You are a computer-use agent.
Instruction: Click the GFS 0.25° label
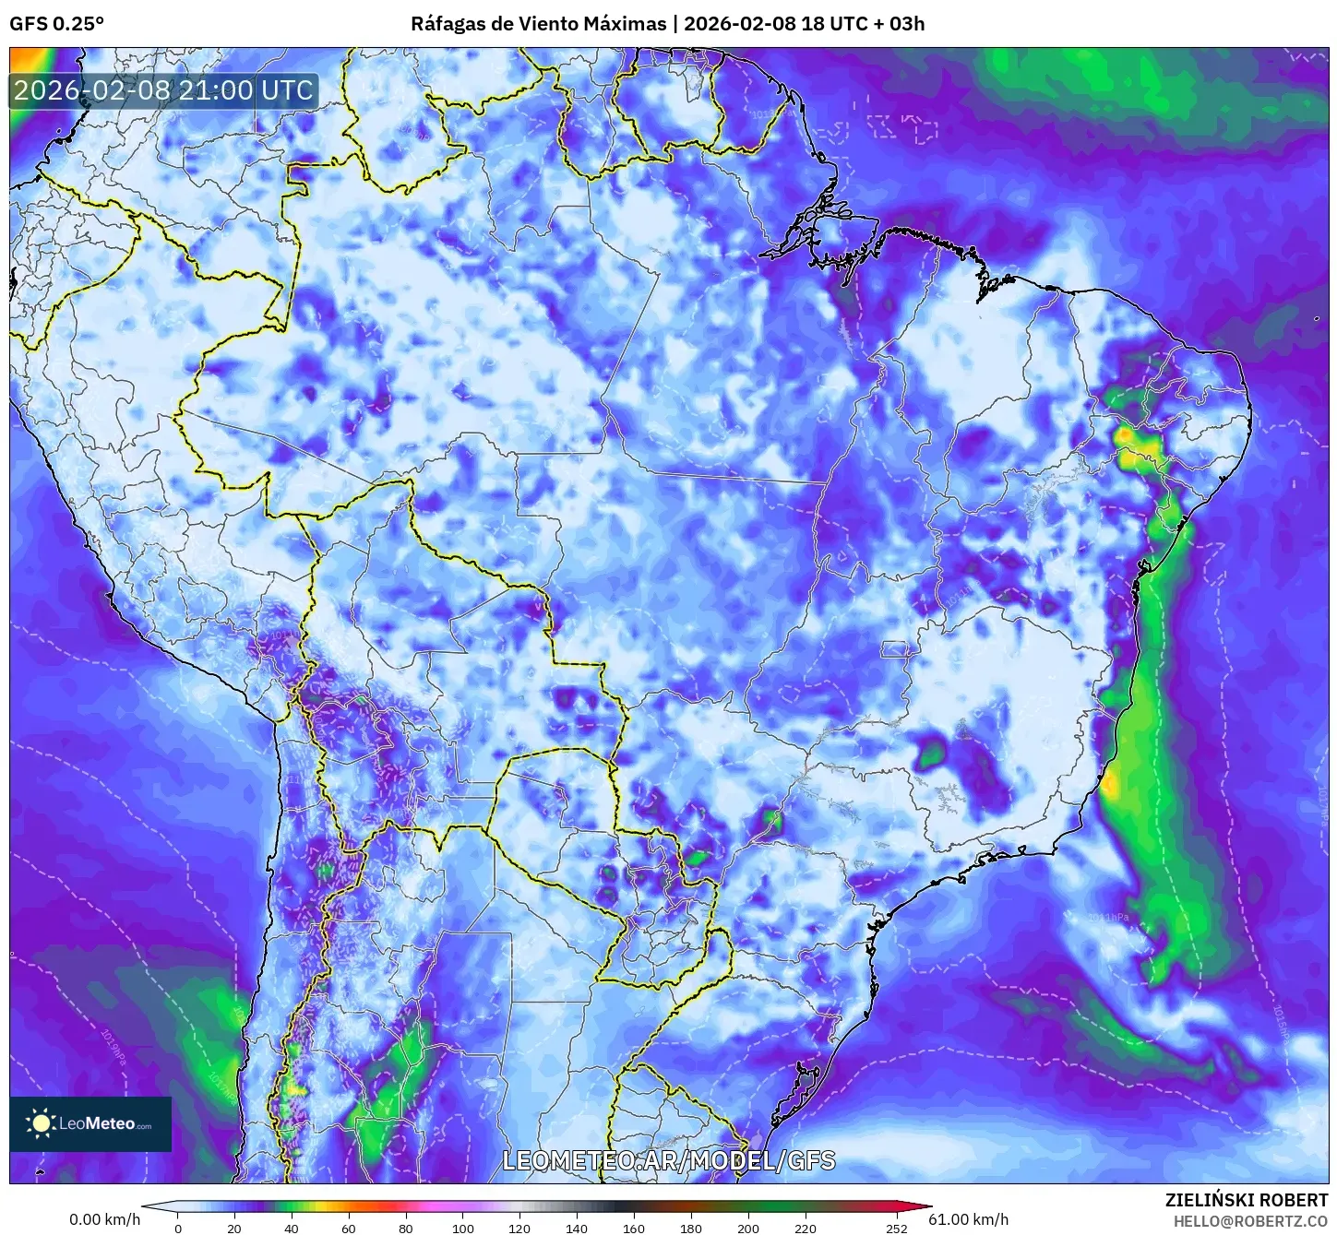(x=56, y=24)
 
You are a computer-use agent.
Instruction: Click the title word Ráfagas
(x=448, y=24)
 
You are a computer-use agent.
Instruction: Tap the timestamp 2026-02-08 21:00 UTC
(x=164, y=90)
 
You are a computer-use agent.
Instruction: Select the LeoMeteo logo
(x=90, y=1123)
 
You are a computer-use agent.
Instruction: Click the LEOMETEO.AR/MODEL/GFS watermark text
(x=668, y=1160)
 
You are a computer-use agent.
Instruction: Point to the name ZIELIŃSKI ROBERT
(x=1246, y=1200)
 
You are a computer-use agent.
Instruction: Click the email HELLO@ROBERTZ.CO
(x=1249, y=1220)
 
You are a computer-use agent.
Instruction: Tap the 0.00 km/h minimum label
(x=105, y=1219)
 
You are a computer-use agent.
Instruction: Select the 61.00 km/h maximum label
(x=968, y=1219)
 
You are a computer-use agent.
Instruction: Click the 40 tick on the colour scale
(x=292, y=1228)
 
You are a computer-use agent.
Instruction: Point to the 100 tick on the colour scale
(x=463, y=1228)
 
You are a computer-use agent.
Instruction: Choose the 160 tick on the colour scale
(x=634, y=1228)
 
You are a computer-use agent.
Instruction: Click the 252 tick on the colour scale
(x=897, y=1228)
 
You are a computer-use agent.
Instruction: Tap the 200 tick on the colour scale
(x=748, y=1228)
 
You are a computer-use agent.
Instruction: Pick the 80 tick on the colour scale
(x=406, y=1228)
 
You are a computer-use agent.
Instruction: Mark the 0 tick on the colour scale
(x=178, y=1228)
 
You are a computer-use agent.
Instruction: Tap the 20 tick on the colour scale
(x=234, y=1228)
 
